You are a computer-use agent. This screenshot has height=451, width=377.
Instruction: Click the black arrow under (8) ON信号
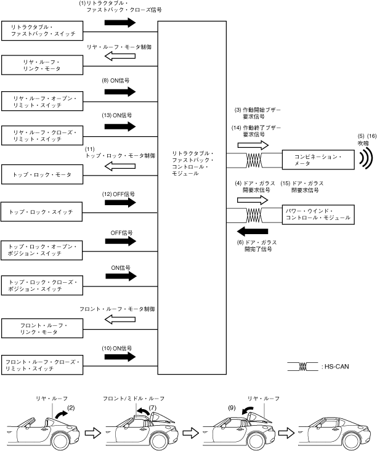(120, 91)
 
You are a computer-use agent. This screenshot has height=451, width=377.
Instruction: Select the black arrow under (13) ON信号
(120, 126)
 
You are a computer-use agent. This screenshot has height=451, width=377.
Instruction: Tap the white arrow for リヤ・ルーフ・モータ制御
(120, 56)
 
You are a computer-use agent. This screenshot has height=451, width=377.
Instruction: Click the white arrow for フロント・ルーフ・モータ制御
(120, 319)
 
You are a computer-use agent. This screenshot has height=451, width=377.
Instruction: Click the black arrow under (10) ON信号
(120, 357)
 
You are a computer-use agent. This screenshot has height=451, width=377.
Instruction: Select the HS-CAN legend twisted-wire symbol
(302, 366)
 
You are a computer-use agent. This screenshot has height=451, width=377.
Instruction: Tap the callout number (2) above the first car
(71, 407)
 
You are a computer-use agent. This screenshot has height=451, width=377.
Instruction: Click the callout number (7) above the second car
(152, 407)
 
